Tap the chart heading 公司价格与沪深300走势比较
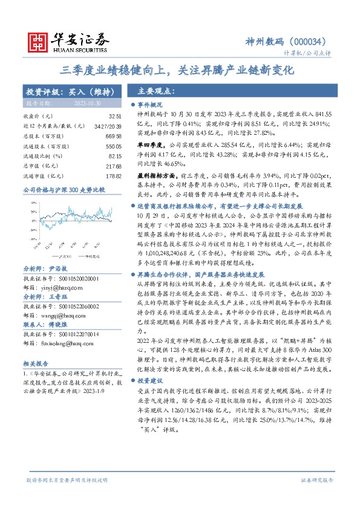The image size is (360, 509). click(64, 189)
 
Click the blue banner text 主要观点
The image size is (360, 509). click(156, 91)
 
